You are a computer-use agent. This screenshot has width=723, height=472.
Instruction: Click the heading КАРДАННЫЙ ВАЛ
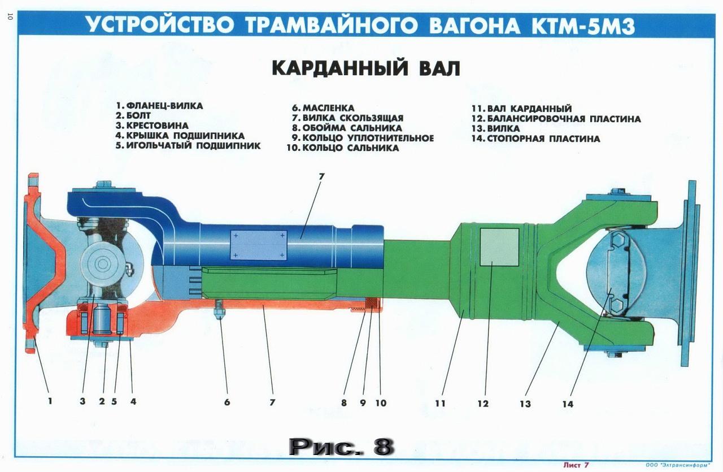pos(366,68)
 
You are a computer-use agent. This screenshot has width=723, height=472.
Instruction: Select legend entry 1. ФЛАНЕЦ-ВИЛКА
pos(159,106)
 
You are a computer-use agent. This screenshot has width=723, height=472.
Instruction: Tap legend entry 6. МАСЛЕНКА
pos(323,108)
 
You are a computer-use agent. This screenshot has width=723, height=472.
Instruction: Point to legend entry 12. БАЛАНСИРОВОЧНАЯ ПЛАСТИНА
pos(556,119)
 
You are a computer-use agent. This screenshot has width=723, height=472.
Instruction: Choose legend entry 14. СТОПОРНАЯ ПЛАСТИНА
pos(536,138)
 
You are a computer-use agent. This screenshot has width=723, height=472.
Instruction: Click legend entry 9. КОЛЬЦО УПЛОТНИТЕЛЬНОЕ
pos(363,138)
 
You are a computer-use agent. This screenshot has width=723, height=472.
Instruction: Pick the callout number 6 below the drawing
pos(227,402)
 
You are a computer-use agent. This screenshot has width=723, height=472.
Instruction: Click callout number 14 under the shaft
pos(568,404)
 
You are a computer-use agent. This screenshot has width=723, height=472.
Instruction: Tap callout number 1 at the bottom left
pos(50,401)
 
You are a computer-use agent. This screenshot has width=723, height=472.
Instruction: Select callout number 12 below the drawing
pos(483,404)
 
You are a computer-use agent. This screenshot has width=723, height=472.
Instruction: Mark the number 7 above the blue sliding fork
pos(321,176)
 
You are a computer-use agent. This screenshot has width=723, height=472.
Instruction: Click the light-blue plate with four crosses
pos(258,245)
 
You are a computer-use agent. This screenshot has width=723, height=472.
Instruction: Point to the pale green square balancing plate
pos(499,247)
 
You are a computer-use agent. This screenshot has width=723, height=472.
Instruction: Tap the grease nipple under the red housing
pos(220,308)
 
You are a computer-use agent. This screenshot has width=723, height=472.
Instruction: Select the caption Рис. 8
pos(341,447)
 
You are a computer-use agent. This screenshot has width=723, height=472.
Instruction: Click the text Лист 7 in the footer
pos(576,465)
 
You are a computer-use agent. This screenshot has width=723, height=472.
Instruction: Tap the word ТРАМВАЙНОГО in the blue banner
pos(331,25)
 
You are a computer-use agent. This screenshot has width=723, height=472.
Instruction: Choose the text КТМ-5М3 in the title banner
pos(583,25)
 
